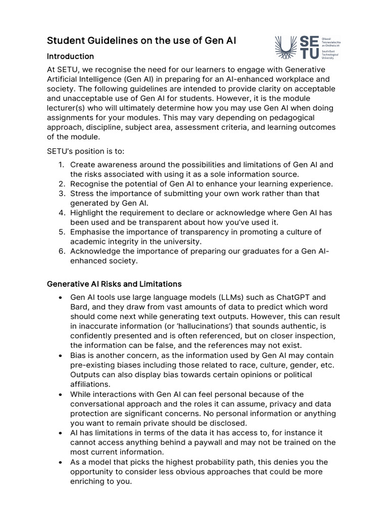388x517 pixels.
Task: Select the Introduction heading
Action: [70, 56]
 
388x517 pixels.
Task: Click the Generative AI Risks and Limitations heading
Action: [114, 284]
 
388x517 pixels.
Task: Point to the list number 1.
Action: [61, 165]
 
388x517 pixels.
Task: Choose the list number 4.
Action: [61, 213]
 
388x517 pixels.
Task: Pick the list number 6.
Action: [61, 251]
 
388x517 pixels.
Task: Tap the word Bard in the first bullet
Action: [79, 307]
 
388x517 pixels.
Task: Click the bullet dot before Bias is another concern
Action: [61, 355]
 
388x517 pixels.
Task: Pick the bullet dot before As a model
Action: [61, 462]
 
